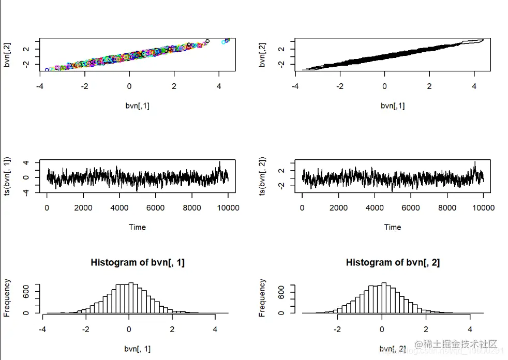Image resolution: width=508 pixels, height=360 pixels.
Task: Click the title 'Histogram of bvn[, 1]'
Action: coord(138,262)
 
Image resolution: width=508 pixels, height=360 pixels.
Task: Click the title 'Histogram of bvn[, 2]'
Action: coord(393,262)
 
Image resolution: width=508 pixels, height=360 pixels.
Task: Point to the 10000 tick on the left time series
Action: coord(228,208)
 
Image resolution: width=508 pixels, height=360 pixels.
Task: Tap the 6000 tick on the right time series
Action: coord(411,208)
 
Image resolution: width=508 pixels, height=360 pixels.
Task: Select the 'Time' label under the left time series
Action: coord(137,227)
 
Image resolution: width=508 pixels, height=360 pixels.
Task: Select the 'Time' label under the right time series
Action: coord(393,227)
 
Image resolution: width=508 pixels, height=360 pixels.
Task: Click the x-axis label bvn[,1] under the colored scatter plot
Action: coord(138,106)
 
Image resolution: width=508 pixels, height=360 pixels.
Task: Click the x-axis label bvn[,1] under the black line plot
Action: coord(393,106)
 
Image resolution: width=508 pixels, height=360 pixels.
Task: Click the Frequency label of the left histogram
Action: coord(7,297)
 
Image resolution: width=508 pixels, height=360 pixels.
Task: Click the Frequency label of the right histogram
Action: coord(262,297)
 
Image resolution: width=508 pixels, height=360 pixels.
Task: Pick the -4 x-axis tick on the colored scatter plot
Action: coord(40,87)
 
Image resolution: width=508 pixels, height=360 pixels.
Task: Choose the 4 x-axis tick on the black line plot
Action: coord(474,87)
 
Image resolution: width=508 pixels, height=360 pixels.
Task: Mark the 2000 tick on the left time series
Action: coord(83,208)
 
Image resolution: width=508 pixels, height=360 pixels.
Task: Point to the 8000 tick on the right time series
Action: coord(447,208)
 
